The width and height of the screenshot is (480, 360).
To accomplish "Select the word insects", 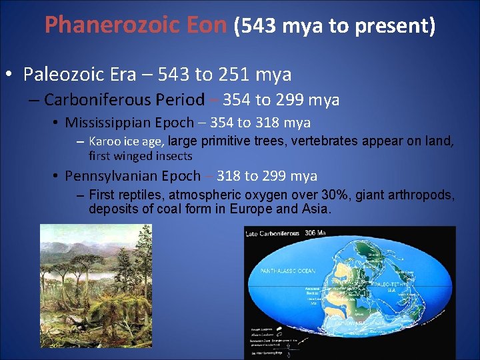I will [x=173, y=156].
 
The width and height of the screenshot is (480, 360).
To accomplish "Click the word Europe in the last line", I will [x=247, y=209].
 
